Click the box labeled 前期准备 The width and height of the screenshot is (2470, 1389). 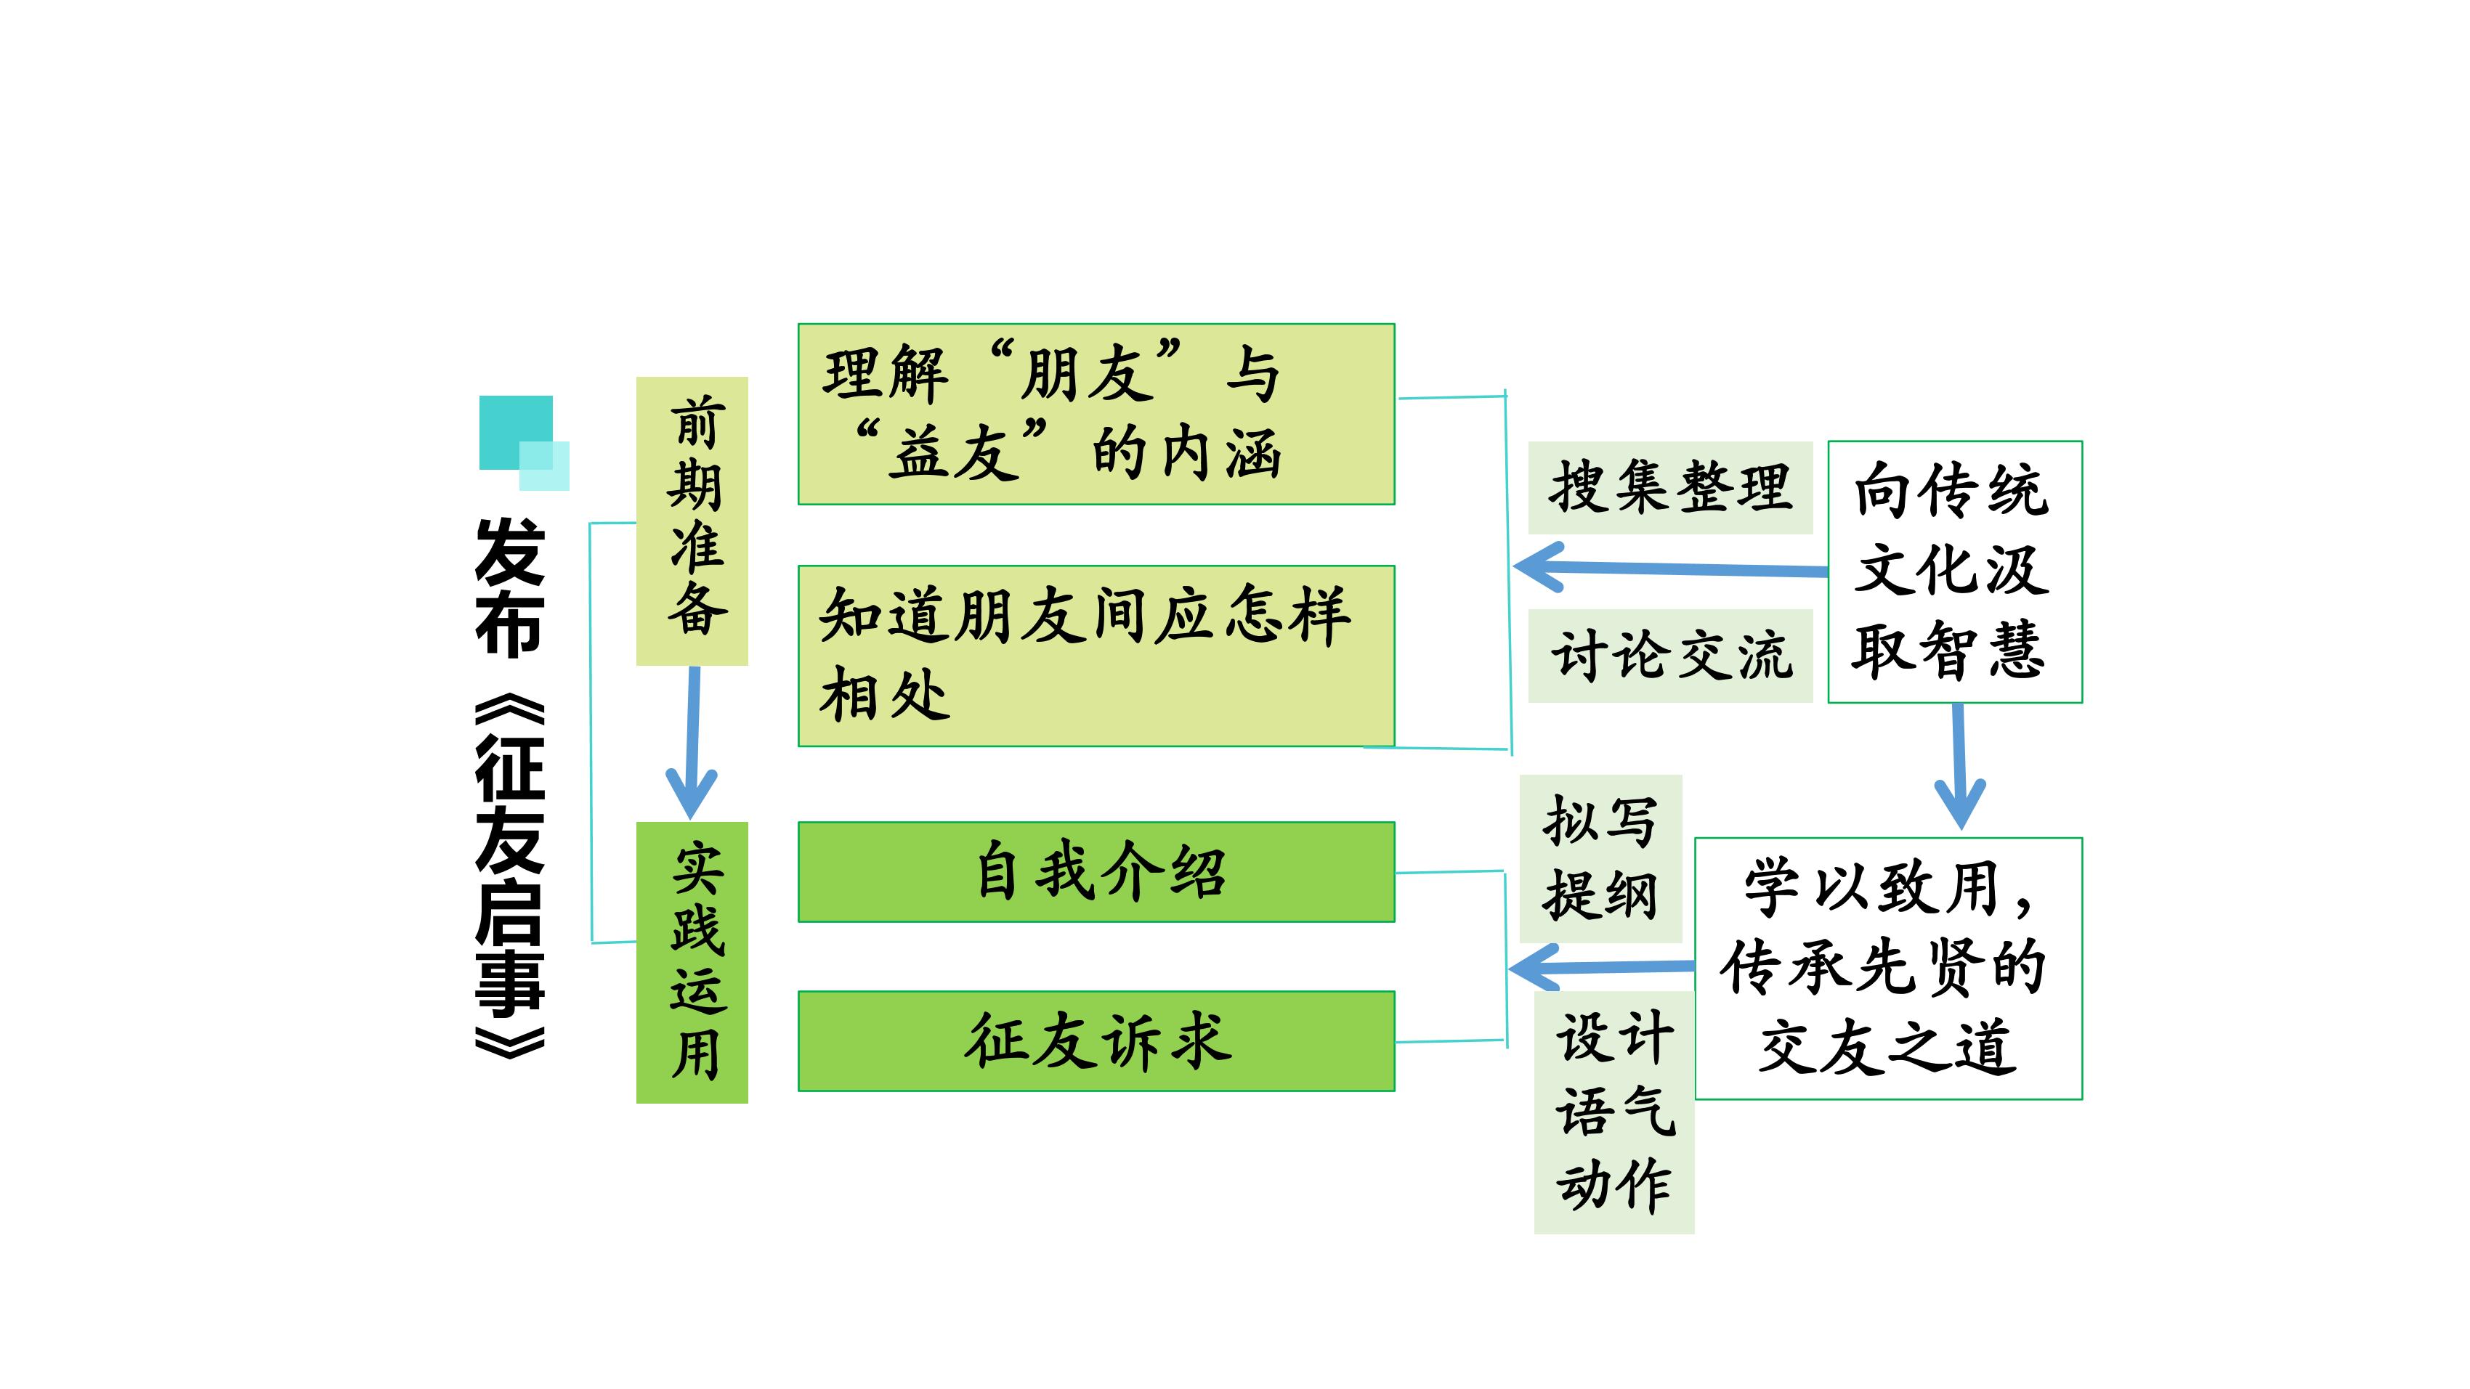click(x=692, y=521)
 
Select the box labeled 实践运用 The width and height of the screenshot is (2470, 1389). click(x=692, y=963)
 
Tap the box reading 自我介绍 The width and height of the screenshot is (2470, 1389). click(x=1096, y=871)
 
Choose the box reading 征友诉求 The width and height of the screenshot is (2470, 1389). click(x=1096, y=1041)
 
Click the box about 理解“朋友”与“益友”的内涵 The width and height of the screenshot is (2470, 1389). click(x=1096, y=414)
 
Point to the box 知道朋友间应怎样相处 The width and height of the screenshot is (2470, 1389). click(x=1096, y=656)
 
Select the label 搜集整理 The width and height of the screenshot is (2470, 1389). click(x=1669, y=487)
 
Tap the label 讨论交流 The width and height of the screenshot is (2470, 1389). click(x=1669, y=656)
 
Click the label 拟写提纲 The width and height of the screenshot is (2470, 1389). click(x=1600, y=858)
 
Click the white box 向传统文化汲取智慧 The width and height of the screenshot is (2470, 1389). click(x=1954, y=571)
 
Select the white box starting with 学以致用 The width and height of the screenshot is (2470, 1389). click(x=1888, y=968)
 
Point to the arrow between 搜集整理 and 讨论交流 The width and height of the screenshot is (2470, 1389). click(x=1670, y=569)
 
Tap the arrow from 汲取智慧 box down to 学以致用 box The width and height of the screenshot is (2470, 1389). click(x=1959, y=766)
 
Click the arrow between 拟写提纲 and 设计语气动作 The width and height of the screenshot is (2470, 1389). click(x=1601, y=967)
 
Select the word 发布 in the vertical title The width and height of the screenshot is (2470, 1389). click(x=509, y=587)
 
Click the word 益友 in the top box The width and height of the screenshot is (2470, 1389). click(x=953, y=453)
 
